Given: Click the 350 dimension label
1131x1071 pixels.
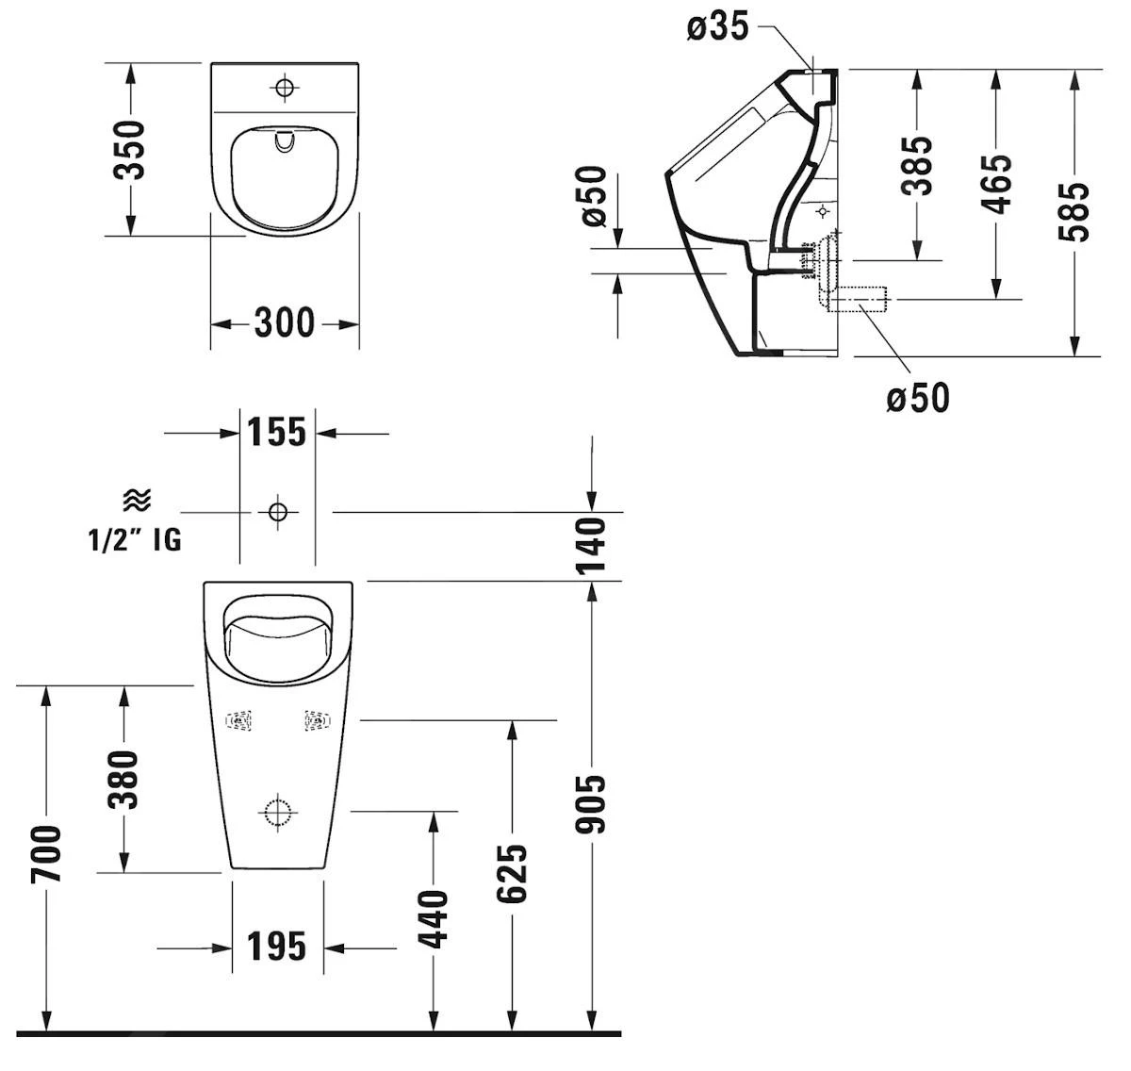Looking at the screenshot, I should click(129, 149).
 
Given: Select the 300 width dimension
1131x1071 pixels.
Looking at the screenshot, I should click(284, 323).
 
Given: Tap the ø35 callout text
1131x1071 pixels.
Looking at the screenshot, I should click(717, 27).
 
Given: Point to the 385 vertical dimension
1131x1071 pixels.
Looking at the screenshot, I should click(916, 165).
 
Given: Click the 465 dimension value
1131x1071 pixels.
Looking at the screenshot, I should click(995, 184).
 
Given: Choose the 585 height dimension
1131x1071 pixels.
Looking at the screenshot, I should click(1074, 211).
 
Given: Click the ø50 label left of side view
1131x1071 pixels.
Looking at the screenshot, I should click(594, 196).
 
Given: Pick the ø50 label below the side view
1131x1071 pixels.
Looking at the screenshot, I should click(917, 398).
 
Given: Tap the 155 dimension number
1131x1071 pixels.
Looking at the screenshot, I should click(276, 433).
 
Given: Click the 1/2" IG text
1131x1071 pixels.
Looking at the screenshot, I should click(135, 540).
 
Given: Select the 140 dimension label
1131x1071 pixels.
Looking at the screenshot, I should click(591, 545).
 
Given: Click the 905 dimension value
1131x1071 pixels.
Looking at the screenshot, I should click(591, 804).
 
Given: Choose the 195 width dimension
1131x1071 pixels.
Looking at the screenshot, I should click(277, 947).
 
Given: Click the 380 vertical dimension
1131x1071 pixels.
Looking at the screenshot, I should click(123, 779).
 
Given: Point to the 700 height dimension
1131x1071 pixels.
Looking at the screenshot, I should click(45, 853).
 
